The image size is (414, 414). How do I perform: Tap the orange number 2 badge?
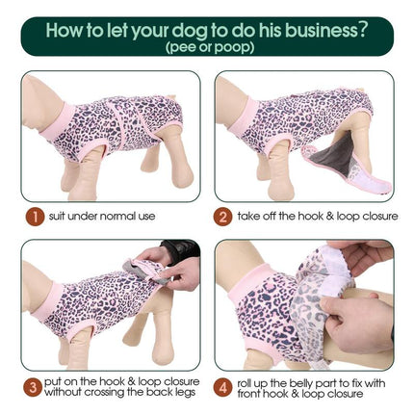click(x=221, y=217)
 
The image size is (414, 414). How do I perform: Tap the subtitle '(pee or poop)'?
click(x=206, y=46)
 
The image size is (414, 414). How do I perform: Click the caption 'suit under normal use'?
click(x=103, y=217)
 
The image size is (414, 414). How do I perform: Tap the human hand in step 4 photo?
click(x=361, y=318)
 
